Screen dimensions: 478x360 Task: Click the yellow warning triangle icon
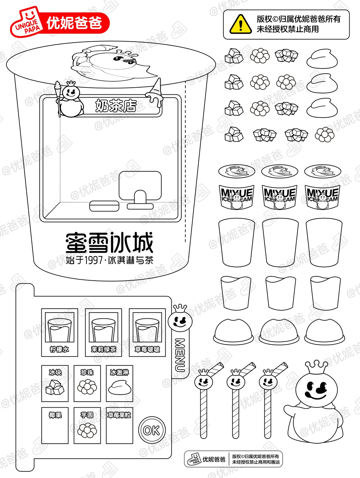click(241, 24)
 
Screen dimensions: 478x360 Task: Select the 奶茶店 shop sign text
click(116, 106)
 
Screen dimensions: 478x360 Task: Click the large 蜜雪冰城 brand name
click(109, 243)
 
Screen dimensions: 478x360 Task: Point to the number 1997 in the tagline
click(93, 260)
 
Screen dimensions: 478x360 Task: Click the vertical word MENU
click(180, 355)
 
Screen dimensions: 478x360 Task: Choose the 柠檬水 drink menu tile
click(60, 332)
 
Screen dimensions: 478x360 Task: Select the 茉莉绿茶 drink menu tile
click(103, 332)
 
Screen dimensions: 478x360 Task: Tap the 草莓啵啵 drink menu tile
click(147, 332)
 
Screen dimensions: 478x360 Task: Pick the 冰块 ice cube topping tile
click(55, 383)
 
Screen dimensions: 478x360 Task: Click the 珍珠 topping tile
click(87, 383)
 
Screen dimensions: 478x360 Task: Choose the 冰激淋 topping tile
click(119, 383)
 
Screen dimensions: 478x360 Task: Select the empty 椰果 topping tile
click(55, 425)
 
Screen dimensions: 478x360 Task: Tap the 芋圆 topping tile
click(87, 425)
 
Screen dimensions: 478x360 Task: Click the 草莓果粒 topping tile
click(119, 425)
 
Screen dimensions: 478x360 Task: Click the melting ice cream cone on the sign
click(156, 93)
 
